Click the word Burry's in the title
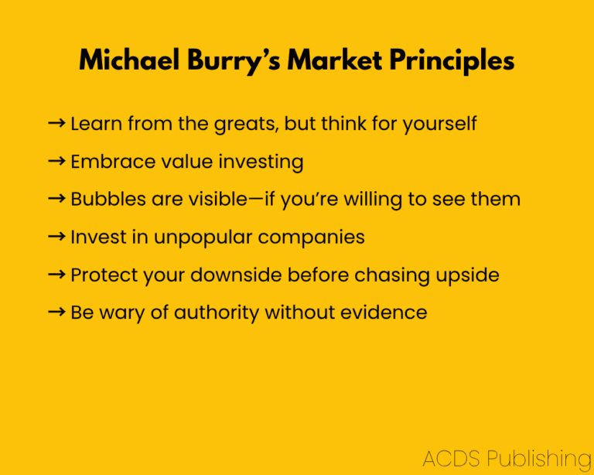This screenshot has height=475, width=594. coord(234,60)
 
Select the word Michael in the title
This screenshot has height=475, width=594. coord(129,60)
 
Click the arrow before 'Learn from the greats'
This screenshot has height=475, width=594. coord(56,123)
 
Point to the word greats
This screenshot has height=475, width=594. coord(246,125)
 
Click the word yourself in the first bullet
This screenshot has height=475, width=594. coord(439,124)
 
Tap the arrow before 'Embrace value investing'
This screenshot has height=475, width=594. coord(56,161)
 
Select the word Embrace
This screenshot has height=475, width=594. coord(113,162)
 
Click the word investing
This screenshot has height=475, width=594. coord(261,162)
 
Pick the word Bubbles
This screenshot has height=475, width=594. coord(108,199)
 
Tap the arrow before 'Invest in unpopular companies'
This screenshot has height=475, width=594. coord(56,237)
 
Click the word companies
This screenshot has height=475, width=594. coord(312,237)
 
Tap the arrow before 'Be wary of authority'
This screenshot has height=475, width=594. coord(56,312)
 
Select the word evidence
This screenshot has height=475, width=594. coord(384,313)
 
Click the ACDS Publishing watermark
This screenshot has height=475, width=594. coord(507,458)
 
